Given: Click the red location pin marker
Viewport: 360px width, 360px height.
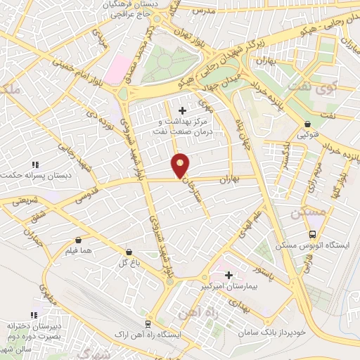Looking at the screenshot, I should [x=181, y=165].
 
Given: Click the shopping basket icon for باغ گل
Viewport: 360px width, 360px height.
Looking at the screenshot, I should [x=129, y=251].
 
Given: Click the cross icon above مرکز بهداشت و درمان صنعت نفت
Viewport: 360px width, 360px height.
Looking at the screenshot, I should [x=183, y=110].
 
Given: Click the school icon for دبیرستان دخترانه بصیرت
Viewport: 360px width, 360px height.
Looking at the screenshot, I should [x=32, y=316].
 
